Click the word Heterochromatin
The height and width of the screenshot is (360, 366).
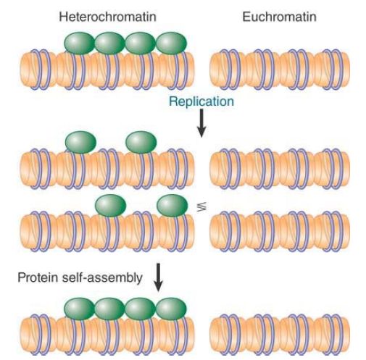click(x=108, y=17)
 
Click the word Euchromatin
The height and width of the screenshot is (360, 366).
click(x=279, y=17)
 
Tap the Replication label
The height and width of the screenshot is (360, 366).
click(x=201, y=101)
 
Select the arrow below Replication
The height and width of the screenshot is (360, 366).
click(x=201, y=123)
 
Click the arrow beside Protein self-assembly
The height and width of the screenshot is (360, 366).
click(x=158, y=277)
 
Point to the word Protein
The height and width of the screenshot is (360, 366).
click(x=38, y=277)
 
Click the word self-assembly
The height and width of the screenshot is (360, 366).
click(x=102, y=277)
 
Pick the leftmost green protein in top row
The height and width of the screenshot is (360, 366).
click(x=80, y=43)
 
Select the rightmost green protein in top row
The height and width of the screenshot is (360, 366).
click(x=172, y=43)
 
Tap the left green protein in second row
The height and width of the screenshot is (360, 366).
click(x=80, y=142)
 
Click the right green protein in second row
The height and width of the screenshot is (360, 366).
click(x=141, y=142)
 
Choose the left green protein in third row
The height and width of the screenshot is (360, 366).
click(x=111, y=206)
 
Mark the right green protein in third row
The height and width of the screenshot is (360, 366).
click(x=172, y=206)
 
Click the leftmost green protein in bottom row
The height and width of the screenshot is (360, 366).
click(x=80, y=309)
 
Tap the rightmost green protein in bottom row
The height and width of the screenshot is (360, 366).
click(x=171, y=309)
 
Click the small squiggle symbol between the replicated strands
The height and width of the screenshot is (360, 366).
click(x=201, y=206)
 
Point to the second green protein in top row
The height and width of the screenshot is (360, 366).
click(x=110, y=43)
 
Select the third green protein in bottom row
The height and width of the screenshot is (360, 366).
click(x=141, y=309)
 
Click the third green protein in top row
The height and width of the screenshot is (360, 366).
click(x=141, y=43)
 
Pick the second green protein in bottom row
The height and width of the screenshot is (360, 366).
click(x=110, y=309)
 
